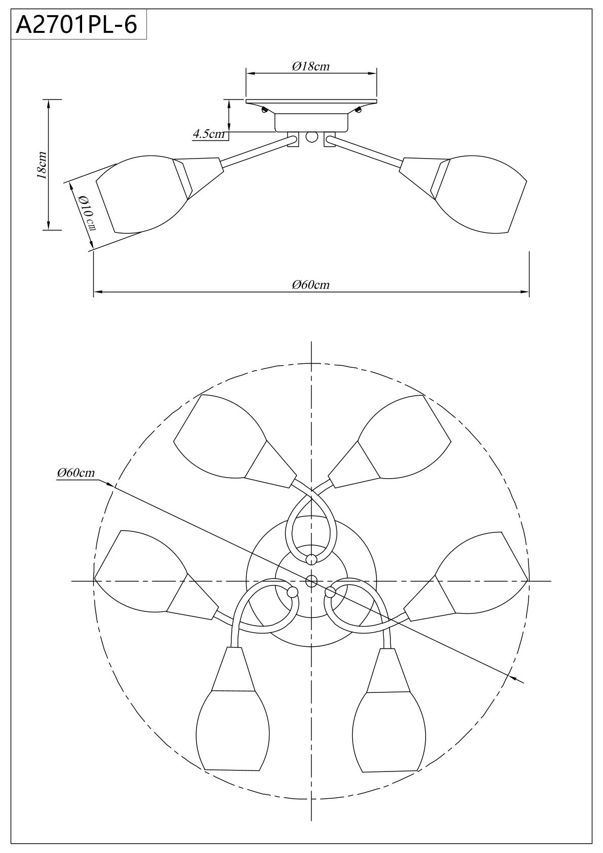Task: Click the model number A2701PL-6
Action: [76, 25]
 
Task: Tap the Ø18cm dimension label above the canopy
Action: [311, 67]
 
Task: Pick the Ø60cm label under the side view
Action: [311, 285]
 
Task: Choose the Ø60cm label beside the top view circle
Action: [76, 473]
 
